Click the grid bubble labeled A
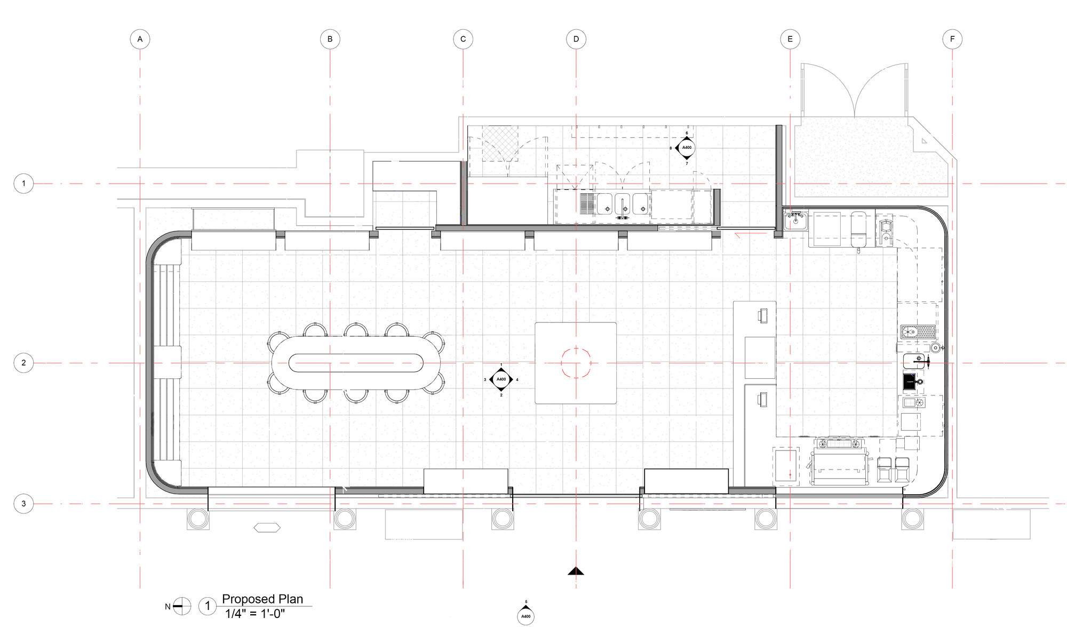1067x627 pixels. click(x=140, y=39)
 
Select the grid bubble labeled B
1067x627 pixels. click(x=330, y=39)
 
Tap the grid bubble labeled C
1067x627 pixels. click(x=463, y=39)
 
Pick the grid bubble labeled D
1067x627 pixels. click(x=576, y=39)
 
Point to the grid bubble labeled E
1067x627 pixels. click(x=790, y=39)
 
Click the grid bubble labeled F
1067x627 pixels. click(x=952, y=39)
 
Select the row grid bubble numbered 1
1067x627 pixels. click(x=23, y=184)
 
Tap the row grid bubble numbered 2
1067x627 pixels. click(x=23, y=363)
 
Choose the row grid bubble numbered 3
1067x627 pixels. click(x=23, y=504)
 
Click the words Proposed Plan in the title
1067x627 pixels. click(x=262, y=599)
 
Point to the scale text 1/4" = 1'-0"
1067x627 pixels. click(x=255, y=614)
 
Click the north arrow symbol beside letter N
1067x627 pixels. click(x=182, y=606)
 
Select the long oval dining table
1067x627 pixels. click(x=356, y=363)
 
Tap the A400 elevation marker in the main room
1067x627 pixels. click(x=501, y=379)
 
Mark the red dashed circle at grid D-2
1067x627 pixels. click(x=576, y=363)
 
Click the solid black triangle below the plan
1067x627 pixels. click(x=576, y=572)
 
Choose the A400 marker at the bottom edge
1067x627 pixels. click(x=525, y=616)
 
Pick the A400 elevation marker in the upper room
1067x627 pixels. click(x=687, y=148)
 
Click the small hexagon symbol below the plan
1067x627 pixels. click(x=267, y=528)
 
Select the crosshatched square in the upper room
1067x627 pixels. click(x=500, y=144)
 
